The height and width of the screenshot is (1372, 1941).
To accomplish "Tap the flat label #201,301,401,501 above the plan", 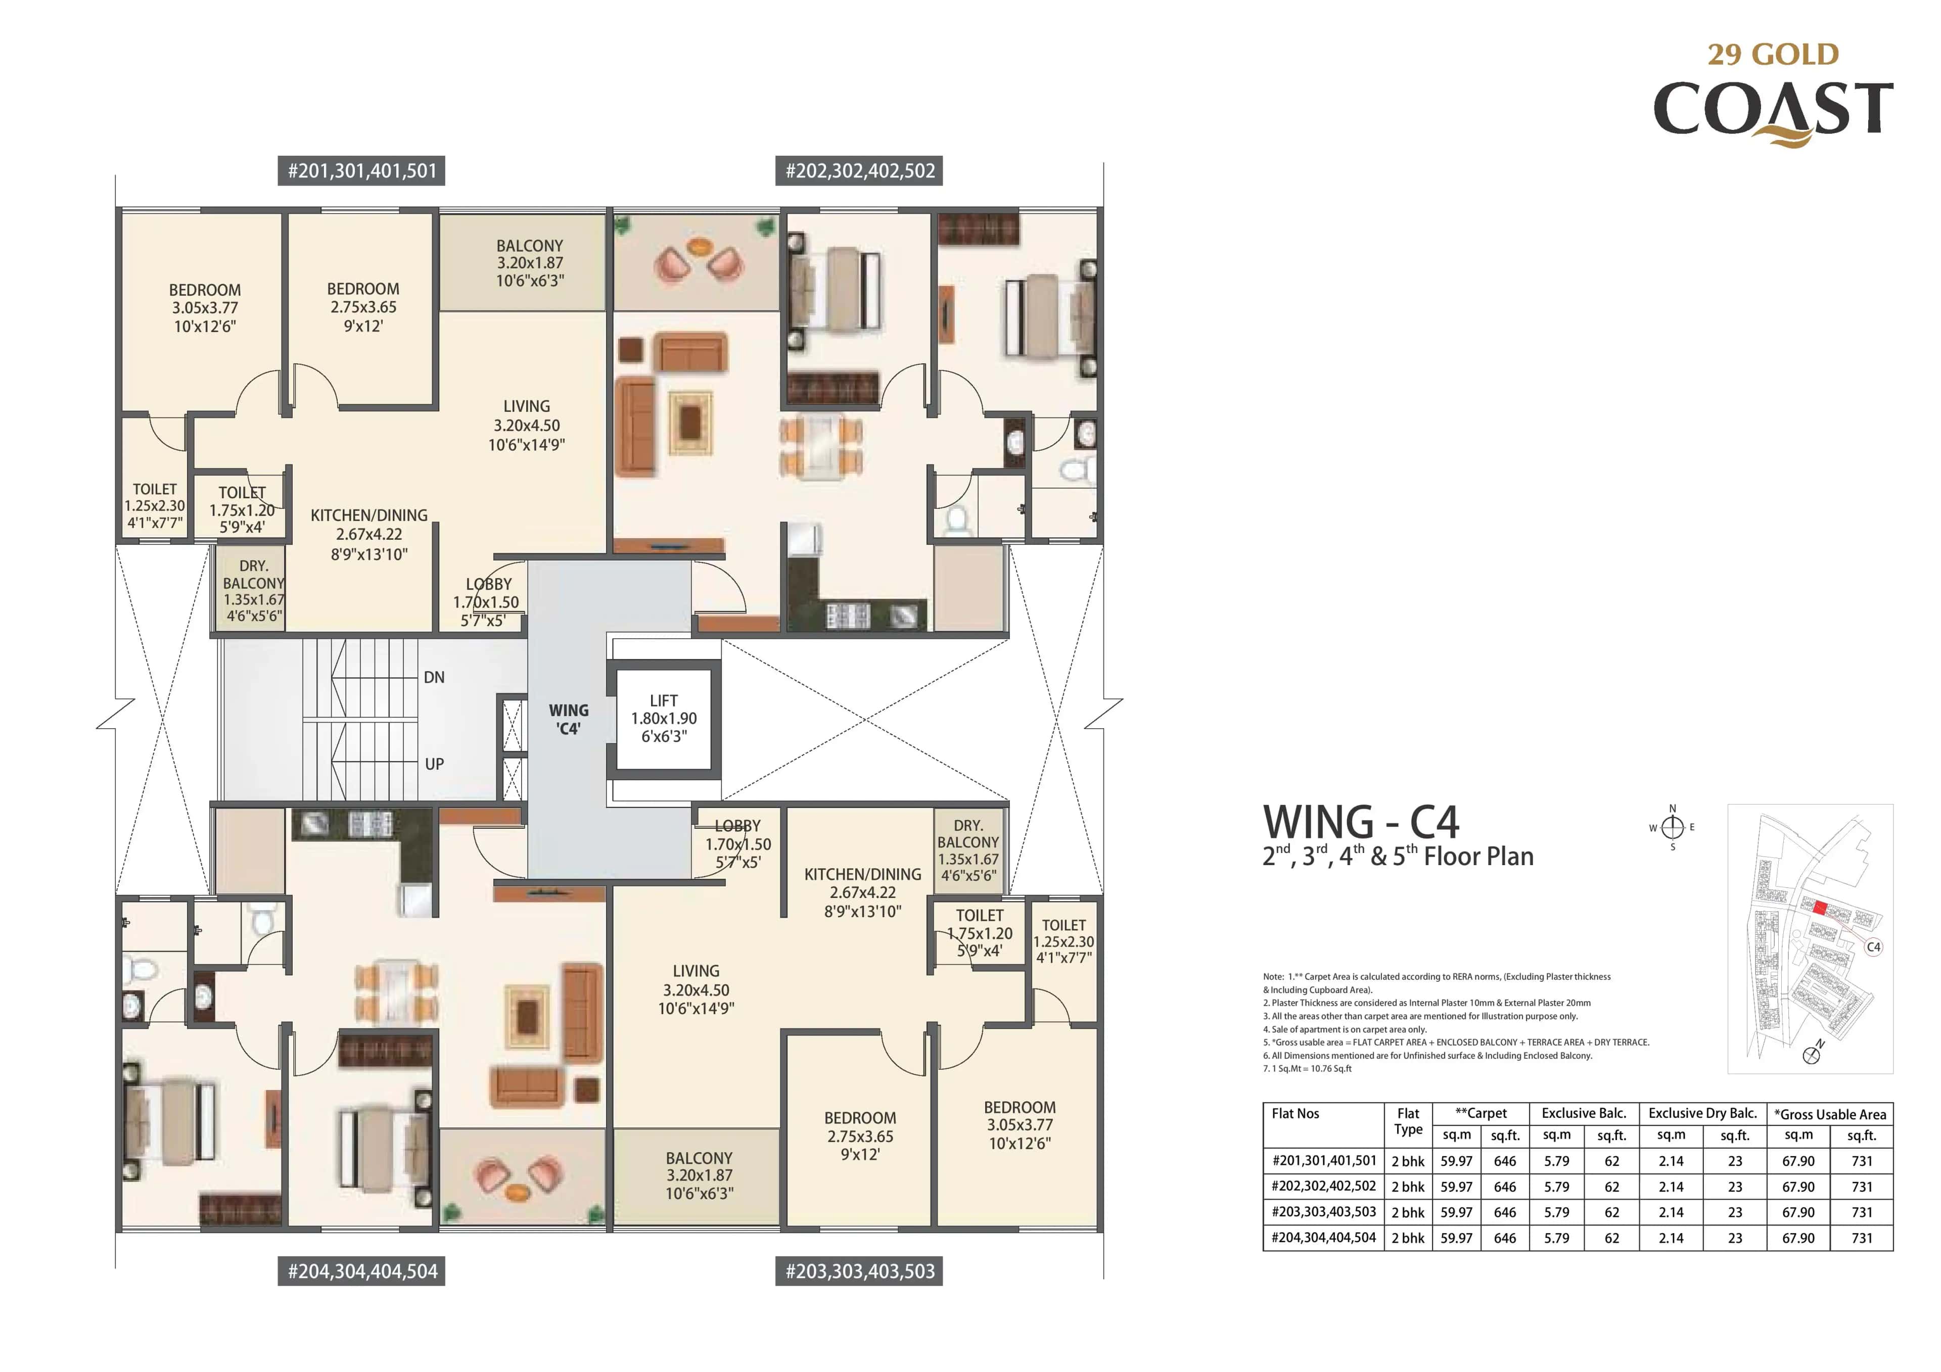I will click(x=362, y=171).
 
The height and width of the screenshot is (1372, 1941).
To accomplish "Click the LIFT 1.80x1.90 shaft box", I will click(x=664, y=719).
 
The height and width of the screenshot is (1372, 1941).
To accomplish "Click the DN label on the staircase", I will click(x=434, y=677).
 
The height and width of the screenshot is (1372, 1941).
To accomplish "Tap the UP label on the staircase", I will click(x=434, y=764).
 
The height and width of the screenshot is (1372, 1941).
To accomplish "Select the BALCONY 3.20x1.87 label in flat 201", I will click(x=529, y=263).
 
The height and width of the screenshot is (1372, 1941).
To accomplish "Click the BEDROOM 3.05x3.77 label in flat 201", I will click(x=205, y=308).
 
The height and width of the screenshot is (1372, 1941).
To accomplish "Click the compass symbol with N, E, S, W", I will click(x=1672, y=828).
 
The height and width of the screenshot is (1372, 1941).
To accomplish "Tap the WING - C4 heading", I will click(x=1361, y=822).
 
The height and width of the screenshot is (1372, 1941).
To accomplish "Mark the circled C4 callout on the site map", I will click(x=1873, y=947).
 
